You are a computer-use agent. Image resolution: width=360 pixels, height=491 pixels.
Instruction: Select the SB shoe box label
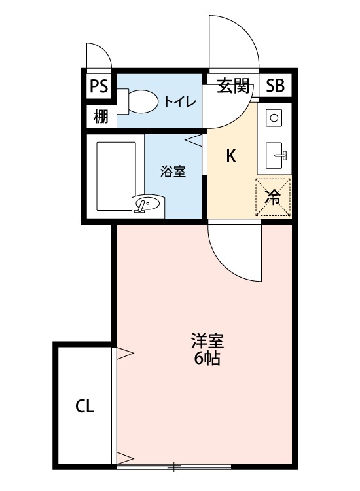(276, 85)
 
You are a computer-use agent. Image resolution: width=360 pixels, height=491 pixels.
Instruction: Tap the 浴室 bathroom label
(173, 172)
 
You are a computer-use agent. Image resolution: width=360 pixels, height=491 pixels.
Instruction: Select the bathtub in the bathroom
(115, 173)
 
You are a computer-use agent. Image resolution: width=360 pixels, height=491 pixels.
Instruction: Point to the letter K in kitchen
(231, 156)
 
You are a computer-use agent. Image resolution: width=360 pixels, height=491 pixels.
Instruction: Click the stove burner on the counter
(274, 118)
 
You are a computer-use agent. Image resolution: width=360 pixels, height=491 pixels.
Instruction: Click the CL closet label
(84, 407)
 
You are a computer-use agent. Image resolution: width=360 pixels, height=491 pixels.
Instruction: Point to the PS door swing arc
(98, 57)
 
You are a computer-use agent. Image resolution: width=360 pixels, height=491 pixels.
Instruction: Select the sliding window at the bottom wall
(174, 467)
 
